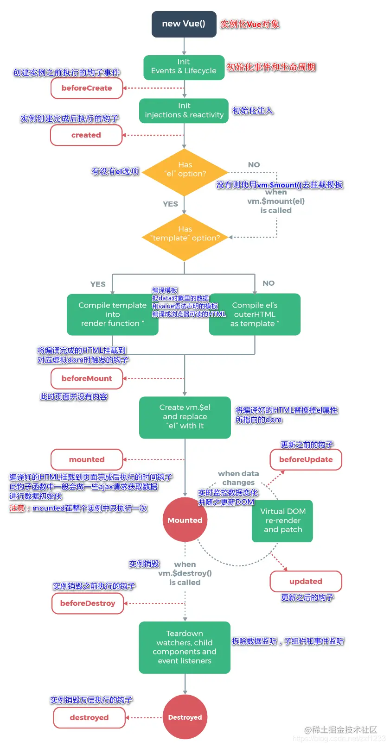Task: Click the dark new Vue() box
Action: (184, 24)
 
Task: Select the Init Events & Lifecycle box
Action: (184, 67)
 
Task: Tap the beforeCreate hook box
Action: (87, 88)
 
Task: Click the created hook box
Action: (86, 135)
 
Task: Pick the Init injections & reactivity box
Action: (184, 111)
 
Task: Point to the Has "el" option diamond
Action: (185, 172)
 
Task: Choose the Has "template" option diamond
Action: (185, 237)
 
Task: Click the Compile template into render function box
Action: (113, 314)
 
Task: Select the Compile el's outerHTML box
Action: (255, 314)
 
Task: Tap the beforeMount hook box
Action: (87, 378)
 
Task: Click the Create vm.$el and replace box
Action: (185, 417)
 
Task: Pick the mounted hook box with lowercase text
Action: (87, 459)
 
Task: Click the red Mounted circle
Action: (185, 520)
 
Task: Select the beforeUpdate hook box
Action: (306, 459)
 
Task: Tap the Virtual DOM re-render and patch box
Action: (282, 521)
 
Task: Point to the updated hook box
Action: (306, 581)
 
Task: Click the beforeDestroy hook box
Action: (88, 603)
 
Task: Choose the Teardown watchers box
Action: (185, 647)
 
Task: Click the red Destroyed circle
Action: (185, 717)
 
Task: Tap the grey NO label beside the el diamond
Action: (254, 165)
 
